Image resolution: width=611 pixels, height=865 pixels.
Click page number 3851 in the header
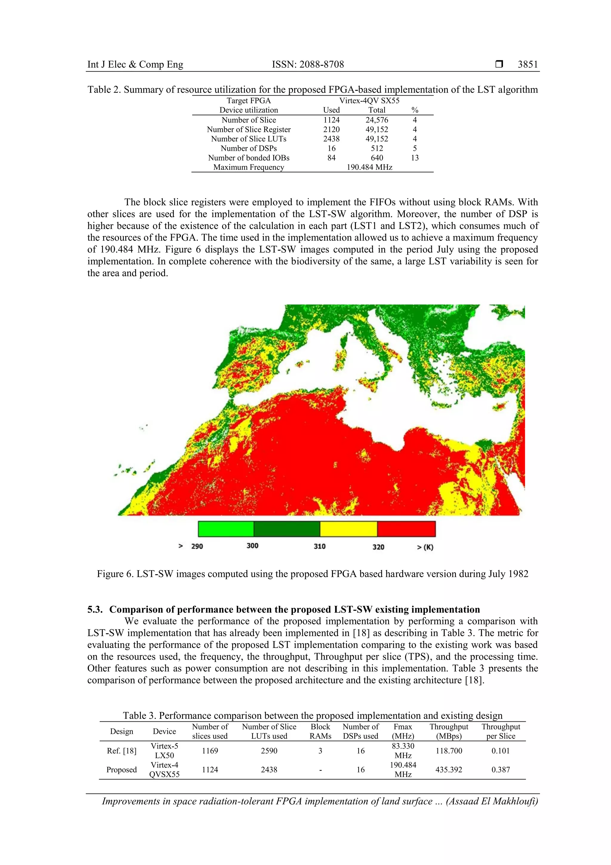tap(527, 64)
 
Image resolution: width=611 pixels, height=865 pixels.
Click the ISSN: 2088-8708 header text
tap(308, 64)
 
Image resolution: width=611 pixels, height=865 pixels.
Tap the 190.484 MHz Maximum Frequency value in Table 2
tap(369, 167)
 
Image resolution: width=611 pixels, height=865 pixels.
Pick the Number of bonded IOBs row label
tap(249, 158)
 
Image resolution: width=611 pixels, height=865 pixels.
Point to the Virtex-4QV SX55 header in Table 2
tap(369, 101)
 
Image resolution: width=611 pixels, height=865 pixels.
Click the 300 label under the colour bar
tap(252, 546)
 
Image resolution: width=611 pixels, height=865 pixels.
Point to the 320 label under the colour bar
tap(378, 547)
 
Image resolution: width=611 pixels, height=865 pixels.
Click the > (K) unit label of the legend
tap(425, 547)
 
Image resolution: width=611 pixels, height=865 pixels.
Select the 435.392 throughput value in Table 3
tap(448, 769)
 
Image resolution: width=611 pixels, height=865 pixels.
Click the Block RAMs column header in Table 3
tap(320, 731)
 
